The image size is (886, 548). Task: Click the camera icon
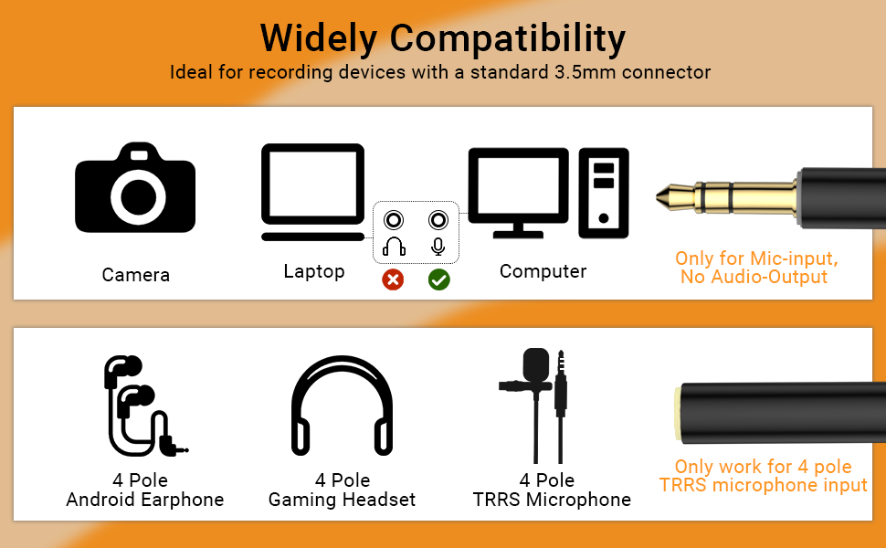pos(135,187)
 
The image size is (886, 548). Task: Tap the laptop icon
pos(312,192)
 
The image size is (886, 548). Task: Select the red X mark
pos(393,279)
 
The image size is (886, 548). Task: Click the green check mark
pos(439,279)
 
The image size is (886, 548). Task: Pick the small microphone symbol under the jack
pos(438,247)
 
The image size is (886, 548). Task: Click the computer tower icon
pos(604,194)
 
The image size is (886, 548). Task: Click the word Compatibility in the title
pos(508,39)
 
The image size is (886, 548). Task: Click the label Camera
pos(135,275)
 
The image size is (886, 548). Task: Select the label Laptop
pos(314,272)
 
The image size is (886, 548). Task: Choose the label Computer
pos(543,272)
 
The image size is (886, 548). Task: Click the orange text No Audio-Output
pos(754,277)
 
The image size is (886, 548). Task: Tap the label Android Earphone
pos(144,500)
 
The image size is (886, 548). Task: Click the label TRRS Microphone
pos(552,500)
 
